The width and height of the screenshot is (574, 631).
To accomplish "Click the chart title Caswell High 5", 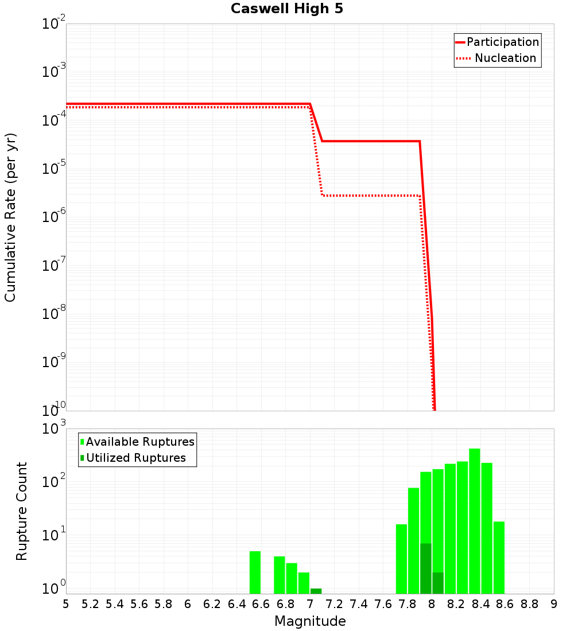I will click(287, 9).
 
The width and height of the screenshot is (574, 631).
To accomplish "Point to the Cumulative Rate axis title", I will click(10, 217).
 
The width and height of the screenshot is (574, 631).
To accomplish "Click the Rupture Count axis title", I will click(22, 511).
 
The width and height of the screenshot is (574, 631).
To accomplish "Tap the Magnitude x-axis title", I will click(310, 621).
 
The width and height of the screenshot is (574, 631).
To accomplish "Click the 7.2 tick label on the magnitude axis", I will click(334, 603).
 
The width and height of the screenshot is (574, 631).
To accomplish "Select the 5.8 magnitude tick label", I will click(164, 603).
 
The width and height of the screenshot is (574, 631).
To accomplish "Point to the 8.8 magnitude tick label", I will click(529, 603).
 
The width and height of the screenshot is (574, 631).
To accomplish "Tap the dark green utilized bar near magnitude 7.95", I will click(426, 568).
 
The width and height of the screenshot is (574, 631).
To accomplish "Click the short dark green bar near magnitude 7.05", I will click(316, 591).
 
